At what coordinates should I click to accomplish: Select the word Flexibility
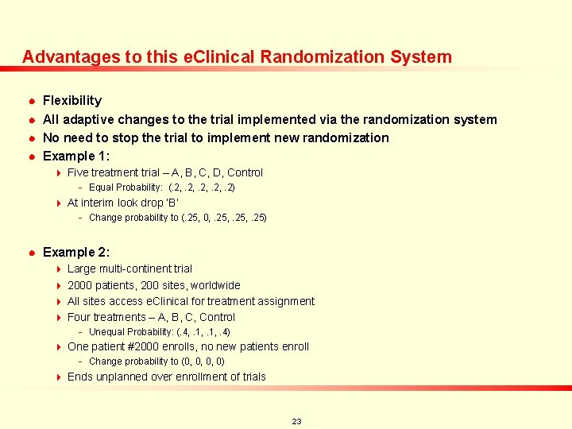[72, 101]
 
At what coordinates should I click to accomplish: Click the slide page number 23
[296, 421]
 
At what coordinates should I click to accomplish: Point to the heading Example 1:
[75, 157]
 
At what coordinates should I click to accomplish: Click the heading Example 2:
[75, 253]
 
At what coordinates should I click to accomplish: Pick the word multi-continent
[133, 269]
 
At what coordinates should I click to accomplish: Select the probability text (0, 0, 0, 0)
[202, 361]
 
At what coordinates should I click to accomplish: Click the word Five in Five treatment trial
[79, 172]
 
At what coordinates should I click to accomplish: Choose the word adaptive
[90, 120]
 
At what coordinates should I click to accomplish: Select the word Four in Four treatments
[79, 317]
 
